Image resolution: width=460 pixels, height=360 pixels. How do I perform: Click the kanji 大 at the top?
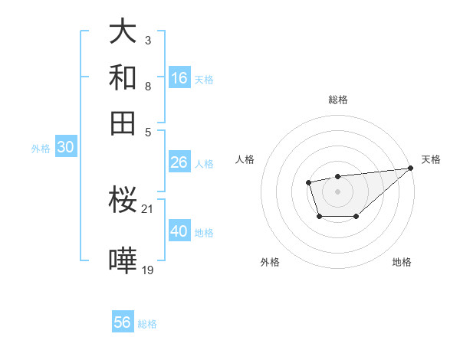tap(123, 32)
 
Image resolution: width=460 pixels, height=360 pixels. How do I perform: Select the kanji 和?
tap(123, 78)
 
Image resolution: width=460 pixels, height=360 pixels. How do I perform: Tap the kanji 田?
tap(123, 123)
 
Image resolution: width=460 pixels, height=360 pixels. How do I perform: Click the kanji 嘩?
tap(123, 261)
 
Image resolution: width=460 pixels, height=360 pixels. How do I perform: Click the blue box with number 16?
tap(179, 78)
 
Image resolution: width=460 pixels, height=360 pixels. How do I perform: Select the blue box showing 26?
tap(179, 162)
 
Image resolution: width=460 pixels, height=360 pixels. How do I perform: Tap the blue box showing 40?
tap(179, 231)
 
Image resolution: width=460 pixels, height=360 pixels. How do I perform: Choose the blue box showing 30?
tap(65, 148)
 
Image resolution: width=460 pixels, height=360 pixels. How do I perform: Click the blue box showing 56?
tap(123, 322)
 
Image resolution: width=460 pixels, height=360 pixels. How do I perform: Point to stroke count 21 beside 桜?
tap(148, 208)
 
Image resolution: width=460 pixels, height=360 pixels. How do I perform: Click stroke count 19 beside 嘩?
tap(148, 269)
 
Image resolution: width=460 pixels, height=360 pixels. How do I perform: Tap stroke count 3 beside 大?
tap(148, 39)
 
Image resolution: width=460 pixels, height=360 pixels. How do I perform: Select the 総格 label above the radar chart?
tap(337, 100)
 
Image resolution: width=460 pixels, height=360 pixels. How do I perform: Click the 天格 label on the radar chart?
tap(431, 159)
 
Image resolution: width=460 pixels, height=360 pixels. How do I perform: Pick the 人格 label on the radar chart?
tap(245, 159)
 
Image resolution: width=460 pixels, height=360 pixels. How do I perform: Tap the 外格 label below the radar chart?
tap(270, 262)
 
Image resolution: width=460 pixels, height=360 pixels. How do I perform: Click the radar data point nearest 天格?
tap(411, 168)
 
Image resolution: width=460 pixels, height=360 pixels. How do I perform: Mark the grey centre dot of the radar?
tap(337, 191)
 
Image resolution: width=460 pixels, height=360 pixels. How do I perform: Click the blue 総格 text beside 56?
tap(147, 324)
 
